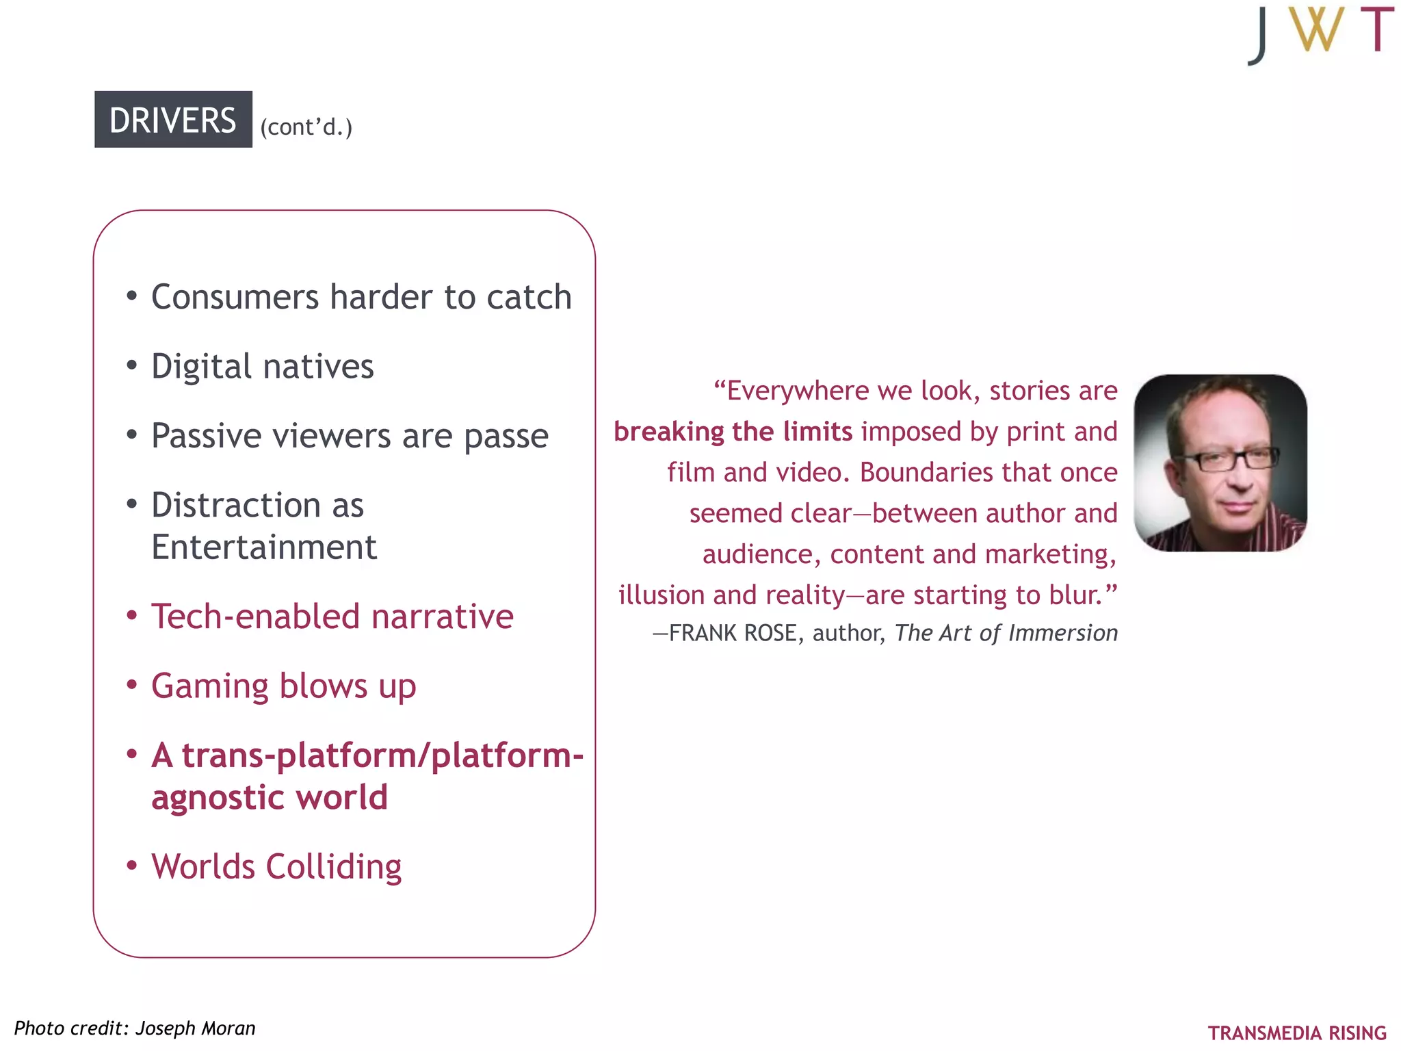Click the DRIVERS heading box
click(173, 120)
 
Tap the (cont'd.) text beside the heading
click(306, 127)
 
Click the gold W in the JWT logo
click(1315, 31)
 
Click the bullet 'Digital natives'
click(263, 367)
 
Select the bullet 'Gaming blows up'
click(283, 686)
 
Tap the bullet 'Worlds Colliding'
click(276, 867)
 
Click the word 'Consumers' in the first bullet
click(235, 298)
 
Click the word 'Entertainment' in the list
click(264, 547)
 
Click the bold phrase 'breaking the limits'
click(733, 432)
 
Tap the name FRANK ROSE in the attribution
click(733, 634)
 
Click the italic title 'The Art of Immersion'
click(1006, 634)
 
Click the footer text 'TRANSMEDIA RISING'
click(1297, 1033)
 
